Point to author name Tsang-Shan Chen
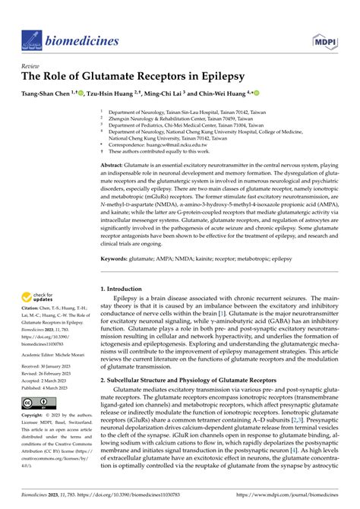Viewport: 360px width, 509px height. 47,94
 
